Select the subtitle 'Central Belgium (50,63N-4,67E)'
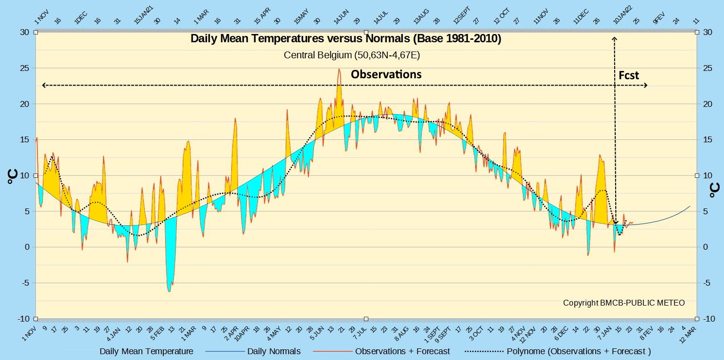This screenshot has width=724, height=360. coord(352,55)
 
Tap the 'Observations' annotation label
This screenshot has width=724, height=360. coord(386,74)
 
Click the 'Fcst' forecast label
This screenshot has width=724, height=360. coord(629,75)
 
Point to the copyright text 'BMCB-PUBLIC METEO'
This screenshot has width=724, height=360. coord(642,303)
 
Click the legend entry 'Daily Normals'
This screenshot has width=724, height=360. coord(274,351)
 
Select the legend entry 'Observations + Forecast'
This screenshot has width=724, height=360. coord(402,351)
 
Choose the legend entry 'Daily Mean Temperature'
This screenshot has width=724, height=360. coord(146,351)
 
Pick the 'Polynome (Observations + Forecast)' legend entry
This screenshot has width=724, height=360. coord(579,351)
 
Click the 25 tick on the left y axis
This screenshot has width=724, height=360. coord(25,68)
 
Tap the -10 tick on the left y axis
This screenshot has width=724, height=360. coord(23,319)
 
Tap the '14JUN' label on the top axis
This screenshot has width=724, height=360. coord(341,17)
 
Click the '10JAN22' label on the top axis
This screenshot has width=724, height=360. coord(622,15)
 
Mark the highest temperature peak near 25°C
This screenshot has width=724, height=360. coord(339,69)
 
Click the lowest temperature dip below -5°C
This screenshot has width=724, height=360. coord(170,291)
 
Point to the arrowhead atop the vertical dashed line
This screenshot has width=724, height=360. coord(615,38)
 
